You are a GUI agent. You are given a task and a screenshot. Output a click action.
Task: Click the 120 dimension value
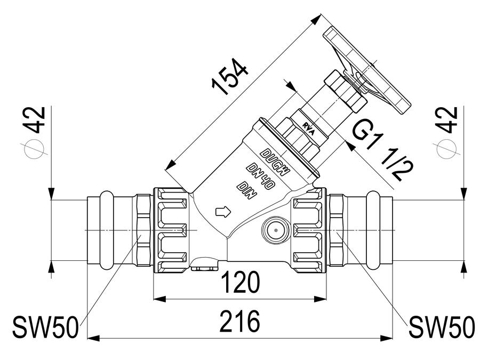[x=241, y=283]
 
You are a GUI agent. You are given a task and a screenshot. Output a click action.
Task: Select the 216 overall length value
[x=239, y=322]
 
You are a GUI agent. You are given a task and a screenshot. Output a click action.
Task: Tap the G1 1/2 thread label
[x=382, y=150]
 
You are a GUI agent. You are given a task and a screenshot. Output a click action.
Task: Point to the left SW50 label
[x=45, y=328]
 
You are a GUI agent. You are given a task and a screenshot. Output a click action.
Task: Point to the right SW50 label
[x=442, y=327]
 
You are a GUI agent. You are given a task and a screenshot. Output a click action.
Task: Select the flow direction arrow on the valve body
[x=223, y=212]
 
